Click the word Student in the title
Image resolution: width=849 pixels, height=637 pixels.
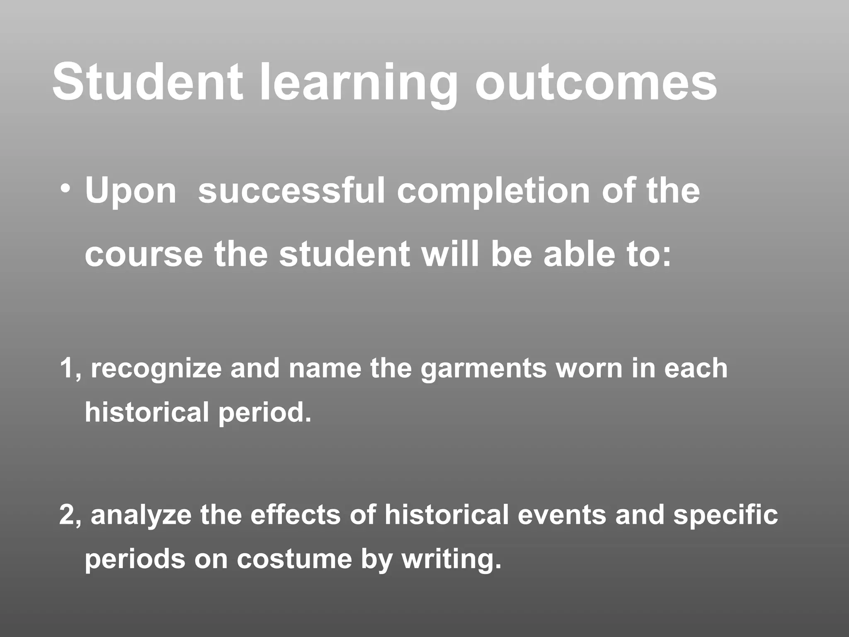pos(147,82)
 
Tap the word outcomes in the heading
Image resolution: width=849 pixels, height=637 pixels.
pos(596,82)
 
